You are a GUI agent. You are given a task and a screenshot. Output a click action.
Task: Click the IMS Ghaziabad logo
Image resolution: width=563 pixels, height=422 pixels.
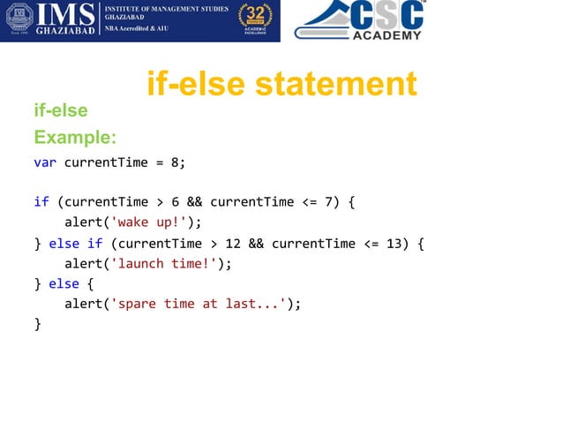click(53, 20)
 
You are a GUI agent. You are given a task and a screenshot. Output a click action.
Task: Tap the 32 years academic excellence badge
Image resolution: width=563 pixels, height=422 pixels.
click(256, 20)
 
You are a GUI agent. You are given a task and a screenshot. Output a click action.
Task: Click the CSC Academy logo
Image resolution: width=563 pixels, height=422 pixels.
click(362, 20)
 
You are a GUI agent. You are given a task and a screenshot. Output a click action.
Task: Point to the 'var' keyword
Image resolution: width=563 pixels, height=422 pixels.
click(45, 162)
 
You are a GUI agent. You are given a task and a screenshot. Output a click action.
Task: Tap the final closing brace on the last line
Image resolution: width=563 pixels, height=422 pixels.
click(37, 324)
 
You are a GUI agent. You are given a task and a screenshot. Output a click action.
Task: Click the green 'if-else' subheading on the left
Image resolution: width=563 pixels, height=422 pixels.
click(61, 110)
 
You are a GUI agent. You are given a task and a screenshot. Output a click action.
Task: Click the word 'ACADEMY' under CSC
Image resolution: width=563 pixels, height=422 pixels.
click(387, 35)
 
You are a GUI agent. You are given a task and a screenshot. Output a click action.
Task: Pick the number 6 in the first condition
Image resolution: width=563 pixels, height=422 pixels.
click(176, 202)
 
